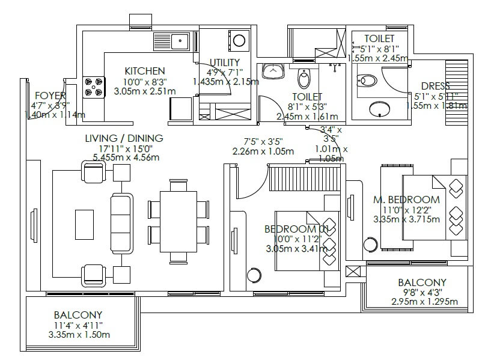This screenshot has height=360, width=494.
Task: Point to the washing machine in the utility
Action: tap(239, 41)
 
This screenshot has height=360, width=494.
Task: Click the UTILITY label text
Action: tap(225, 63)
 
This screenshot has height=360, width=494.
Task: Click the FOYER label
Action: tap(50, 96)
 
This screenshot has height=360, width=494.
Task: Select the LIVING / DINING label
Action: tap(124, 138)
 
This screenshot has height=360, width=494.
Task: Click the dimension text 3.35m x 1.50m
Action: tap(78, 335)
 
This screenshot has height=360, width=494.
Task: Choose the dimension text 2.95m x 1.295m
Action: tap(422, 302)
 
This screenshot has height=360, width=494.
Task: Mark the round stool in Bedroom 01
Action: tap(255, 276)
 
